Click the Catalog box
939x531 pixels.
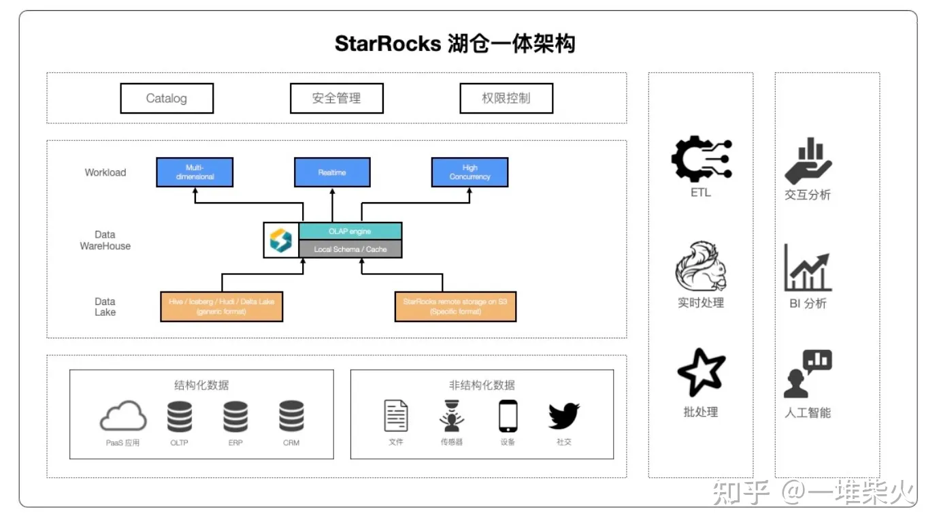click(x=167, y=98)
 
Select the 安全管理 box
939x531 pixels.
click(x=336, y=98)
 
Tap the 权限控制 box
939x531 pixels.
click(x=506, y=98)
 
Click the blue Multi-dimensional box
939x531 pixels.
click(x=195, y=172)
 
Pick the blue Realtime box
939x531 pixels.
click(x=332, y=172)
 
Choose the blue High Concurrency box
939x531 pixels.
click(x=469, y=172)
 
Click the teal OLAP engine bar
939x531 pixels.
click(x=350, y=231)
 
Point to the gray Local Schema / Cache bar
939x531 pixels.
click(x=350, y=249)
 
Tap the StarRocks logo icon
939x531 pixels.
click(x=280, y=240)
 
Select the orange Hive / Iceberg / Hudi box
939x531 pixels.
click(x=222, y=306)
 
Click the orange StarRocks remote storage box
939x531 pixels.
click(x=455, y=306)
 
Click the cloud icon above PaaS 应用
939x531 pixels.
click(x=123, y=416)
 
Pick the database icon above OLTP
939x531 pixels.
click(x=180, y=417)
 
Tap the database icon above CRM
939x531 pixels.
click(x=291, y=417)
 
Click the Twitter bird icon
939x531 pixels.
click(x=563, y=416)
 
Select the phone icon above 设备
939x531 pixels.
click(x=508, y=416)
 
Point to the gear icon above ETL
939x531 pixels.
click(x=701, y=159)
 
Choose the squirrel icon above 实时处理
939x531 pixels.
click(x=701, y=267)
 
